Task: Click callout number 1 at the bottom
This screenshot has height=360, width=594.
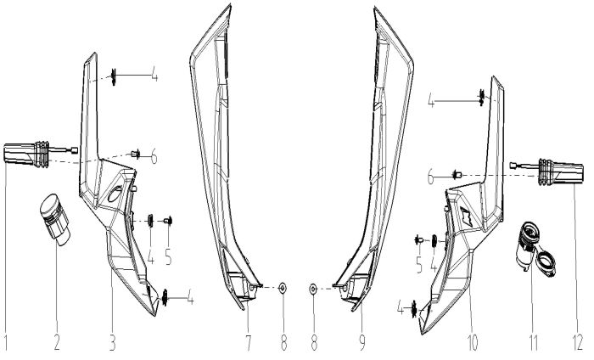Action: [8, 343]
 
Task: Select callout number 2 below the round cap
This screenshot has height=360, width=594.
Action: [58, 343]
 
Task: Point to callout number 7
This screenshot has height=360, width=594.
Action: [249, 343]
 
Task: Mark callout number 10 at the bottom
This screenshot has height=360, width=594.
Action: [473, 343]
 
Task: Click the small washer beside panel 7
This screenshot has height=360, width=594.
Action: [283, 290]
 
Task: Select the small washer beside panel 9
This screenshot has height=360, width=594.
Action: [313, 290]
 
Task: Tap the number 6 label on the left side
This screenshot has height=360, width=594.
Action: [154, 156]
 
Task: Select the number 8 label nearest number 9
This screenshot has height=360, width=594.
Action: [312, 343]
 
